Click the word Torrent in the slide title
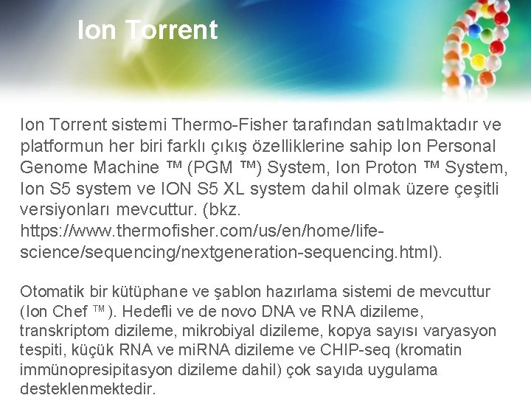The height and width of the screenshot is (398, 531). (171, 30)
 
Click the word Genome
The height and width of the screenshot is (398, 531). (55, 167)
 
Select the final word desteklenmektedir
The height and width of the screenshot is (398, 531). (88, 389)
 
